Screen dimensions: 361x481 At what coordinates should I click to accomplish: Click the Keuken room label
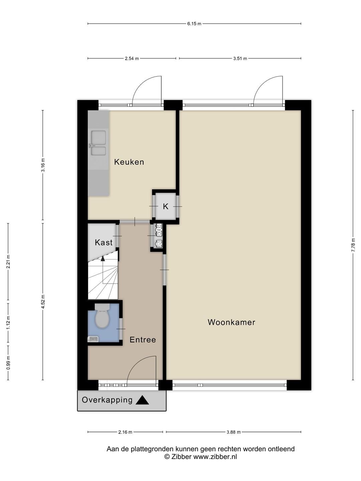pos(129,162)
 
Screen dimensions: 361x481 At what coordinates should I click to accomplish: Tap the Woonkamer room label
pos(231,322)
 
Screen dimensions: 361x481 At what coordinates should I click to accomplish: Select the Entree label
pos(143,340)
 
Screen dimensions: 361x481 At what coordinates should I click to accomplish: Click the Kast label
pos(104,243)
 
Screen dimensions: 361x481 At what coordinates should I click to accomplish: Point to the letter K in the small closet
pos(166,206)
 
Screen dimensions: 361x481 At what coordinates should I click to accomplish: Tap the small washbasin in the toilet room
pos(93,339)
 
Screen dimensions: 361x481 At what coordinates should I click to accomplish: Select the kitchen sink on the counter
pos(98,143)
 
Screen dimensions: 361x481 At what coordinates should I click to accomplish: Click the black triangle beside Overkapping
pos(142,400)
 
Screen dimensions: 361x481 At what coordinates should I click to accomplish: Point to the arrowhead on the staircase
pos(103,259)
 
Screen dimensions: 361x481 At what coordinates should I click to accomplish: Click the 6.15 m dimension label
pos(194,24)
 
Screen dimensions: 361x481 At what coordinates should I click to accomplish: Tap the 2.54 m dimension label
pos(132,58)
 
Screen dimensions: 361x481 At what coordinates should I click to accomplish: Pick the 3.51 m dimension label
pos(240,58)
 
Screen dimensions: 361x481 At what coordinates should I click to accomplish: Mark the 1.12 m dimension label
pos(8,322)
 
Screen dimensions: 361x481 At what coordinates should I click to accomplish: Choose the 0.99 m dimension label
pos(8,363)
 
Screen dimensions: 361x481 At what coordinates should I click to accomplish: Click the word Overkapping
pos(107,400)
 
